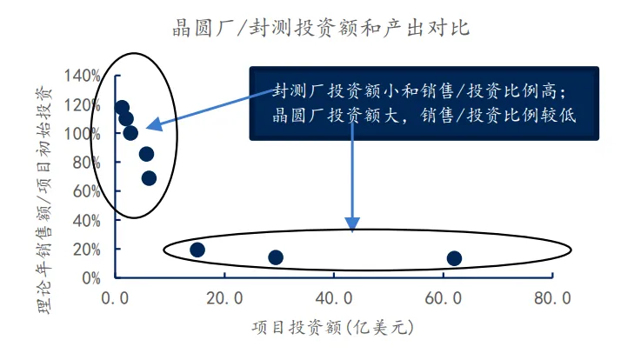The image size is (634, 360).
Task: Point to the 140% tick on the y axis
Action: (83, 76)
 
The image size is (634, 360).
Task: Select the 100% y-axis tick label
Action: (83, 133)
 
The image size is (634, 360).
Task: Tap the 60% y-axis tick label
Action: (87, 191)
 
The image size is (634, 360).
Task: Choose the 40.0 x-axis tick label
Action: (333, 300)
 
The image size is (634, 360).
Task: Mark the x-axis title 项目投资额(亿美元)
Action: (331, 328)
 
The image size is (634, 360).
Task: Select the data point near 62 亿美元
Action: (454, 257)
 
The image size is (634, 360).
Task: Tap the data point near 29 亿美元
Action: (276, 257)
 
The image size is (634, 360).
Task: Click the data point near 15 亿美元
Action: (197, 250)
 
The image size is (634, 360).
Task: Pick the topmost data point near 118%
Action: (122, 108)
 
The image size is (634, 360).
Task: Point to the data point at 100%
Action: (130, 133)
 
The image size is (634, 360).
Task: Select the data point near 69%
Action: (149, 178)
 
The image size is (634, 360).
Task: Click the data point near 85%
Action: (146, 154)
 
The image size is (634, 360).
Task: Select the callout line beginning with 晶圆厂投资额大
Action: (424, 114)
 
